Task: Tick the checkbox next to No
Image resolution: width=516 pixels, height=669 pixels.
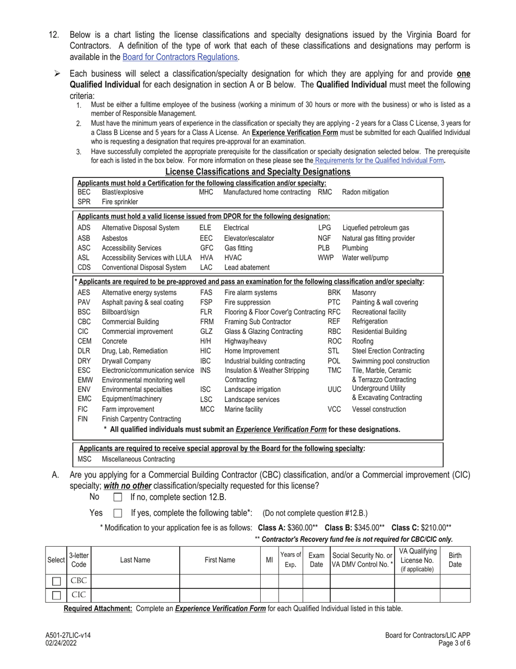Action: (x=118, y=497)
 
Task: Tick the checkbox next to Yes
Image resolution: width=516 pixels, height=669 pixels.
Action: (x=118, y=513)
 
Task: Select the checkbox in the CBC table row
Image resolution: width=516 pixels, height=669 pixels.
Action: (x=55, y=581)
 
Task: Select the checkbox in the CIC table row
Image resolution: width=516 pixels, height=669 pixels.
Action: (x=55, y=595)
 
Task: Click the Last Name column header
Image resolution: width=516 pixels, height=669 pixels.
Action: (x=135, y=560)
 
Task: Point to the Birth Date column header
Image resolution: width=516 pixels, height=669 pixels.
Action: (x=455, y=560)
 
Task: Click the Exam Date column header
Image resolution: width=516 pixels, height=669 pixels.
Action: (x=316, y=560)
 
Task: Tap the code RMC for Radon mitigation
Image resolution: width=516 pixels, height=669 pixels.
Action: (x=325, y=192)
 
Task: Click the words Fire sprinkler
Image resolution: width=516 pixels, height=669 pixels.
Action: (x=118, y=201)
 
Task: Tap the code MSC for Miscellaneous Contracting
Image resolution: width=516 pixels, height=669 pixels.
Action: (x=85, y=459)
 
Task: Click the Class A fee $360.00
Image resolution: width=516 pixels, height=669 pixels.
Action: (x=303, y=528)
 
